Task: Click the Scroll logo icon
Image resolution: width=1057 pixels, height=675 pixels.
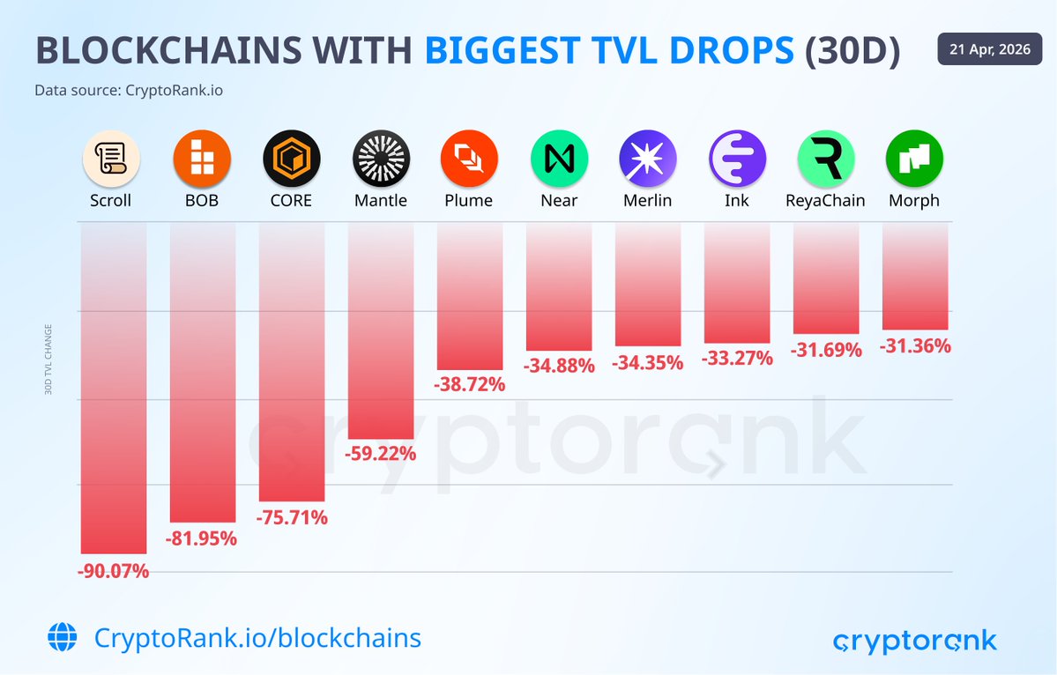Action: coord(111,159)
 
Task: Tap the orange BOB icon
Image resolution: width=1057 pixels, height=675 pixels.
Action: coord(202,159)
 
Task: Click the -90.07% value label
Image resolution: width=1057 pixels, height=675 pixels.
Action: coord(115,571)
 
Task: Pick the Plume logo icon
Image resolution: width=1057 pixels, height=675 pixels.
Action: coord(469,159)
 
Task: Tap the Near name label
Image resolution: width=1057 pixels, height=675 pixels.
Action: coord(559,200)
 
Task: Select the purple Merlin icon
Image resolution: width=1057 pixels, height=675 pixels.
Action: coord(648,159)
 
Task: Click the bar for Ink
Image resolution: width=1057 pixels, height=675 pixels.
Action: coord(737,282)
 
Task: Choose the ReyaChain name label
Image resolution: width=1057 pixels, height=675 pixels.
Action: coord(825,200)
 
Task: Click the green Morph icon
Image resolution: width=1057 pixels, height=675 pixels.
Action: coord(914,159)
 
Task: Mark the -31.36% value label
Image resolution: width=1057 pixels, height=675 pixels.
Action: coord(915,346)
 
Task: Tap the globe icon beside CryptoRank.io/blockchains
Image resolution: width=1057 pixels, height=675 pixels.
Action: coord(63,637)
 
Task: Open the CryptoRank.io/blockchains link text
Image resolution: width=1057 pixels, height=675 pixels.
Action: coord(257,637)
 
